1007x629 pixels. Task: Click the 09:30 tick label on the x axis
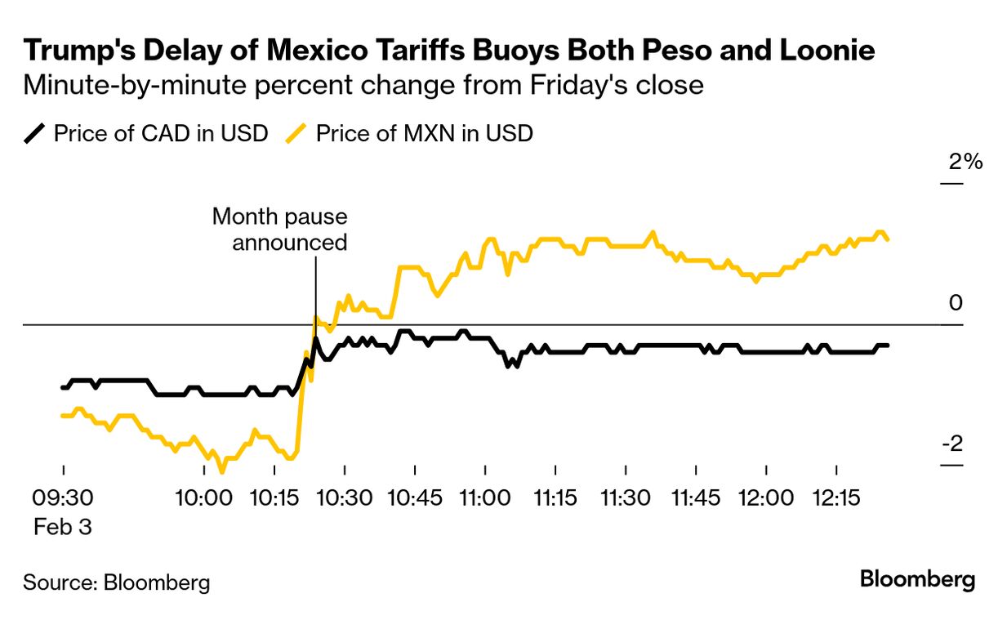[63, 497]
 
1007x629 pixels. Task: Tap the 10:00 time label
[204, 497]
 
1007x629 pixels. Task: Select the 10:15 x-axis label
[274, 497]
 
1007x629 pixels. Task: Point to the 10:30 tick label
[345, 497]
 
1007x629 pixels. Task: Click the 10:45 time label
[415, 497]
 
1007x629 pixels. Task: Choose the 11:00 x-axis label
[485, 497]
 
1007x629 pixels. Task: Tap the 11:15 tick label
[555, 497]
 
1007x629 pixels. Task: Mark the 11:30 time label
[626, 497]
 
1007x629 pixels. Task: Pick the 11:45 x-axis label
[696, 497]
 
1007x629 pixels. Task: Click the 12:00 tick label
[766, 497]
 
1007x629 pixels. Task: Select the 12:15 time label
[836, 497]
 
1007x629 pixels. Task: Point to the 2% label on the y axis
[965, 162]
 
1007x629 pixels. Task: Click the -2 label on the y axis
[953, 445]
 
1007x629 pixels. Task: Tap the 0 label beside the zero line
[956, 303]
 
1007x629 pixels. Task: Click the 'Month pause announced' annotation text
[279, 230]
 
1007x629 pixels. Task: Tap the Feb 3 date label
[62, 527]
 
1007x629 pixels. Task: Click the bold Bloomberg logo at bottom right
[917, 580]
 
